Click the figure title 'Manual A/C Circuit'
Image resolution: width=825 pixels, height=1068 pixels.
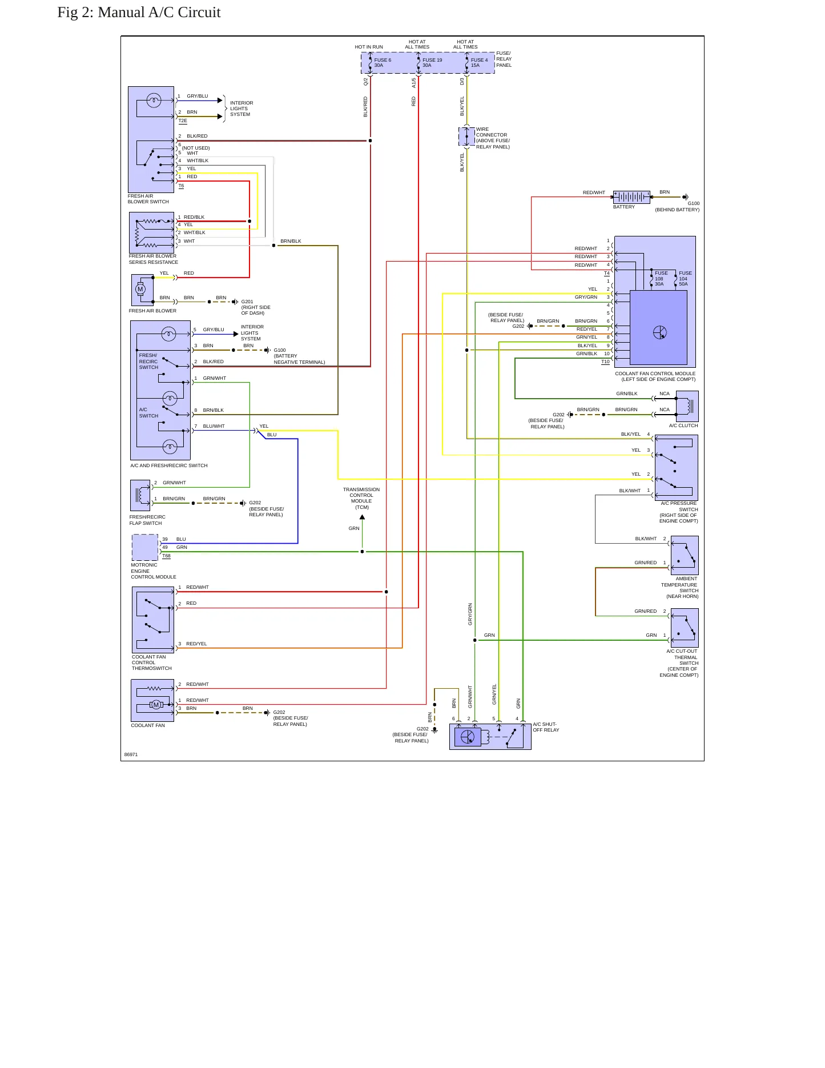159,13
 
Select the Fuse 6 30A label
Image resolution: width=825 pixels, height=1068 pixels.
383,63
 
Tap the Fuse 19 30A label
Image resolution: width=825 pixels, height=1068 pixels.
432,63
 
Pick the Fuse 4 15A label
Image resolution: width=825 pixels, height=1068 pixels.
479,63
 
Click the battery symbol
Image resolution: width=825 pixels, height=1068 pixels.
631,197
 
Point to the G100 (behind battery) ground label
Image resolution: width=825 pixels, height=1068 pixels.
677,207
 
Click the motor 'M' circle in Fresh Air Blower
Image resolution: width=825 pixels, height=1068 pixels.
140,289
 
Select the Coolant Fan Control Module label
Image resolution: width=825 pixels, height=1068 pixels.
655,376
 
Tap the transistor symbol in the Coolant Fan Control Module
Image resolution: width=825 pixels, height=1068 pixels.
660,332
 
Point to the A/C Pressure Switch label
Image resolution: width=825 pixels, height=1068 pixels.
679,512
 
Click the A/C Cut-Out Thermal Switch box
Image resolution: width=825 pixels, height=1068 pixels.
685,628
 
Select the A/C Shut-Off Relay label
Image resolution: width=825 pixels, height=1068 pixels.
546,727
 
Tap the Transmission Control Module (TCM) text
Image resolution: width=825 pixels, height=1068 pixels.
361,499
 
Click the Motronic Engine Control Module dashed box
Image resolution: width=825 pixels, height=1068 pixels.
145,548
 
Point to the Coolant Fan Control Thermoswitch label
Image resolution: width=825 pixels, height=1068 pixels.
152,663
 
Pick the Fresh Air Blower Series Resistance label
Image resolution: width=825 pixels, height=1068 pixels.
154,259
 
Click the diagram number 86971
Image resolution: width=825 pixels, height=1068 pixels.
131,754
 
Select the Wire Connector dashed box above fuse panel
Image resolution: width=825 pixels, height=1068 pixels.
467,136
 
